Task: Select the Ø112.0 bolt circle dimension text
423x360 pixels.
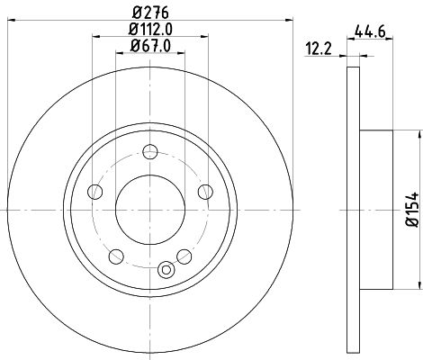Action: click(x=150, y=30)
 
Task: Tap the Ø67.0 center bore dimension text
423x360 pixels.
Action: click(x=150, y=46)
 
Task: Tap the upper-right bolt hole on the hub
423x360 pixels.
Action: click(x=204, y=190)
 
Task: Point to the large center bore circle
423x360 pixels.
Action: click(x=149, y=209)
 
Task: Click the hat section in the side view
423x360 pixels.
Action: click(x=376, y=209)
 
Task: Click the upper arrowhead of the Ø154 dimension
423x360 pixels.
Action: click(x=418, y=135)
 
